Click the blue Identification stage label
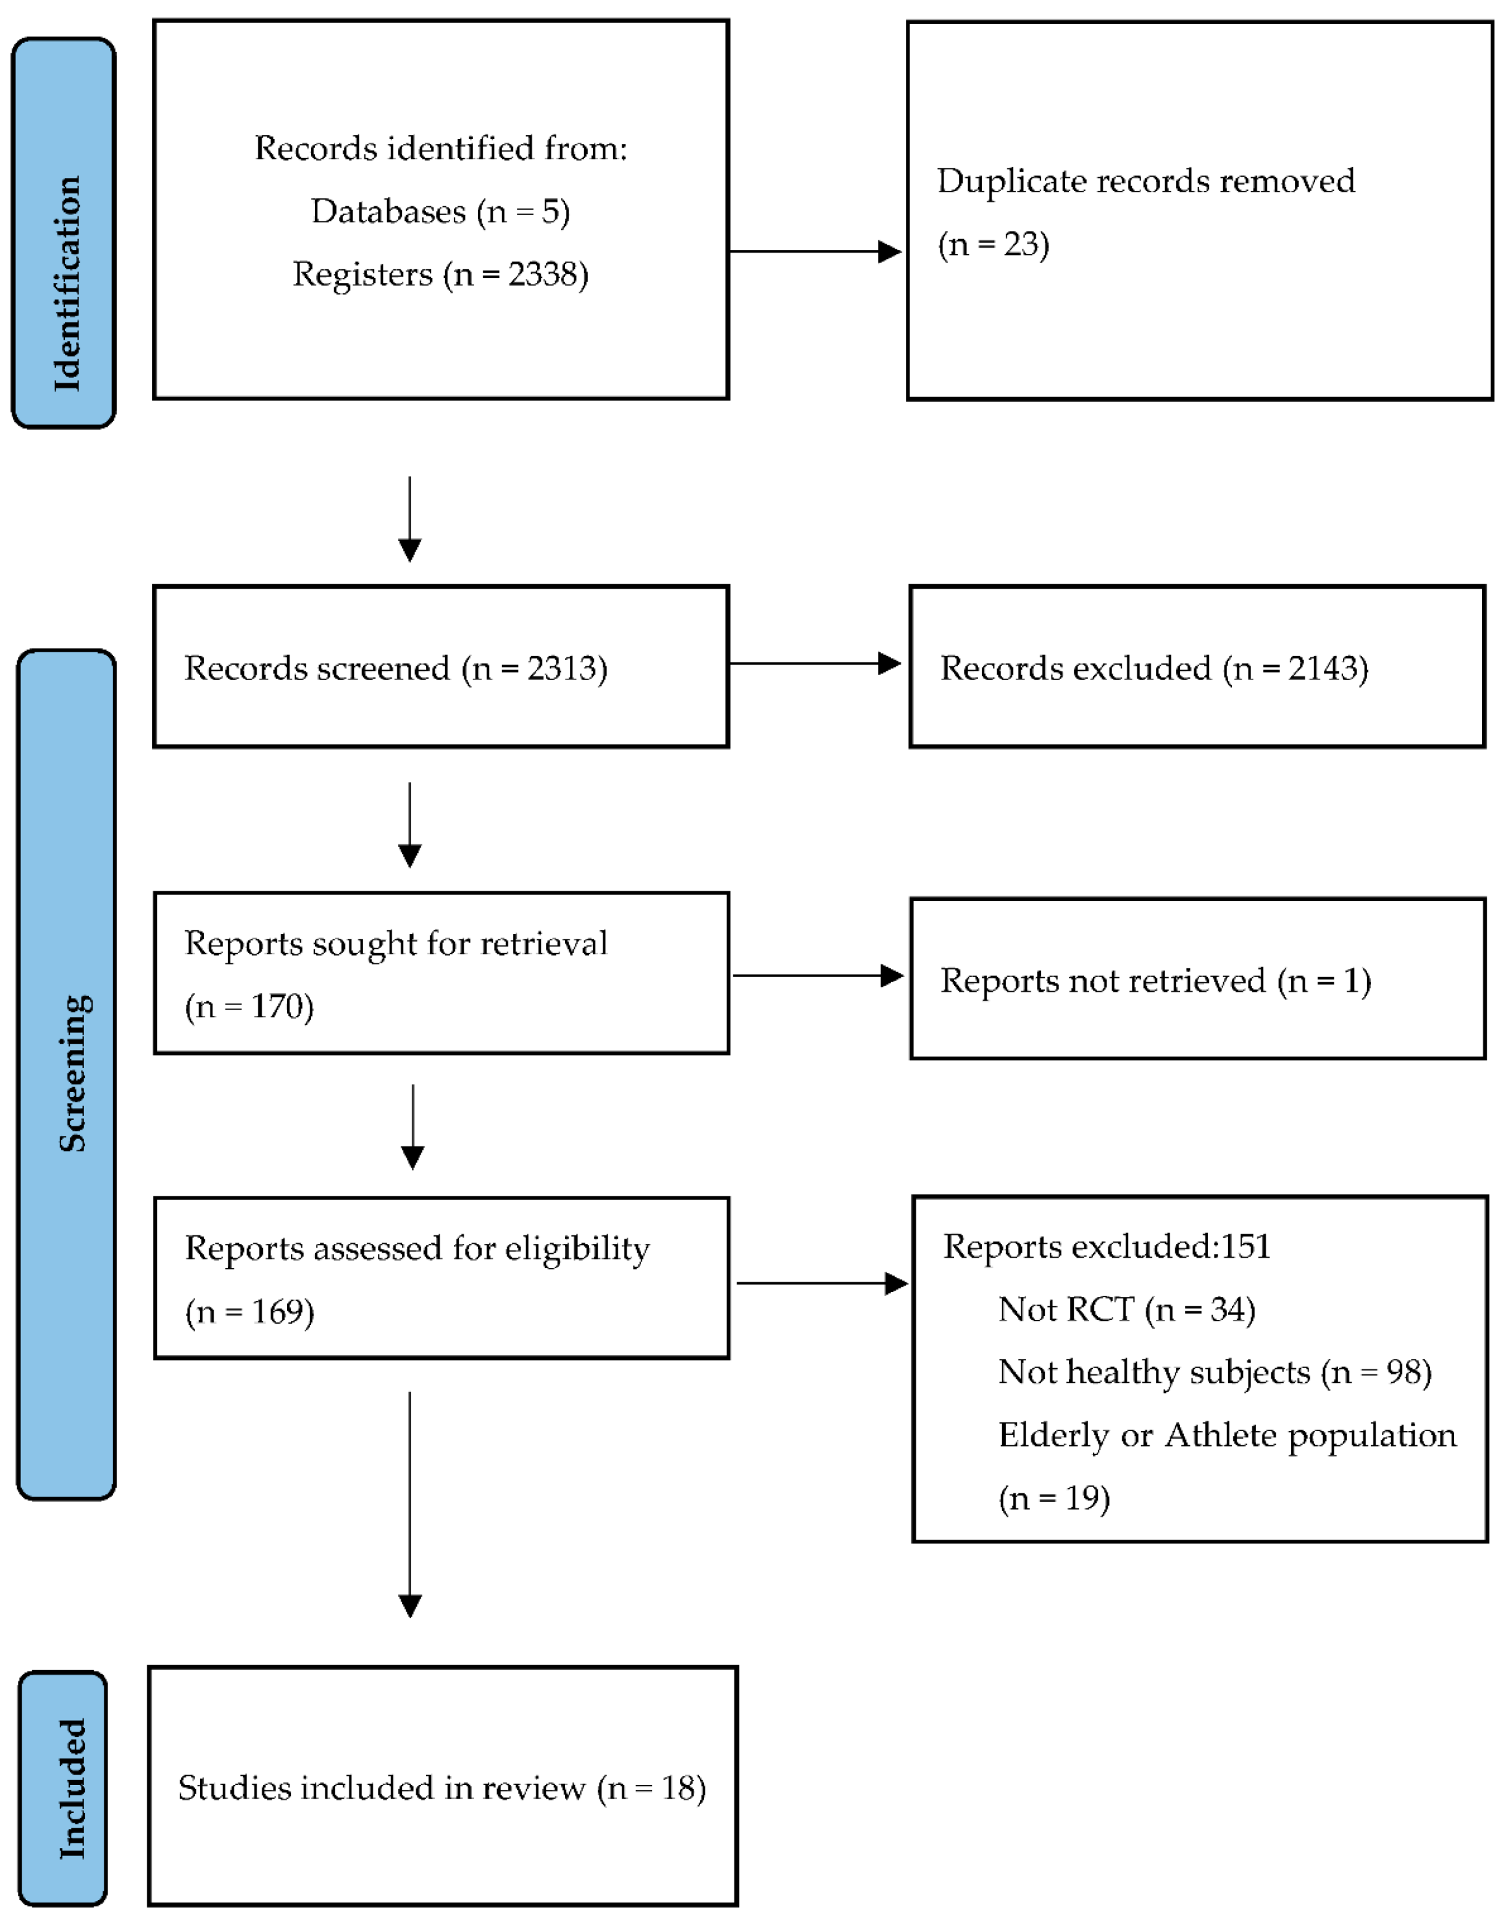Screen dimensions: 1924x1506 (64, 233)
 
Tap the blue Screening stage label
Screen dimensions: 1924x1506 (67, 1074)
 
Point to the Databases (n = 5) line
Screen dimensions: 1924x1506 (440, 212)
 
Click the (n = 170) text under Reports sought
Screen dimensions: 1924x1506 (249, 1006)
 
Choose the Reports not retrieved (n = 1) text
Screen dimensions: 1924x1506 (1155, 980)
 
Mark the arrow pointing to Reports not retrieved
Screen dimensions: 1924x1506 (818, 975)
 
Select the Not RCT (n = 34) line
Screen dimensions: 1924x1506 (1126, 1309)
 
